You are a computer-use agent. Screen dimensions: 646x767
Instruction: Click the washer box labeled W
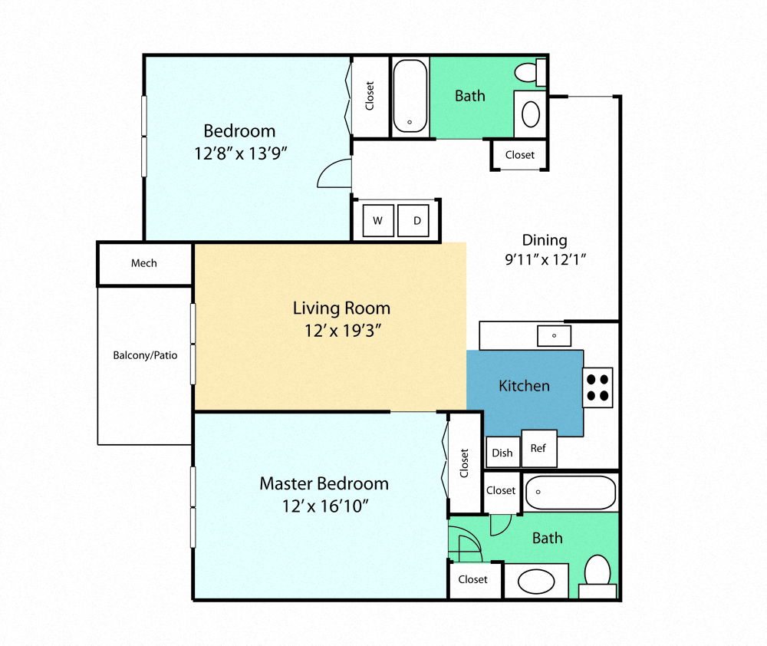coord(377,221)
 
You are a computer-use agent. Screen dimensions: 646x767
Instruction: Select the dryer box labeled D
coord(417,221)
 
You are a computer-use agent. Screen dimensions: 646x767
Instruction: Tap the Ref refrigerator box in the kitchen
coord(538,449)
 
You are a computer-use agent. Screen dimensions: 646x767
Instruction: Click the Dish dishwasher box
coord(502,453)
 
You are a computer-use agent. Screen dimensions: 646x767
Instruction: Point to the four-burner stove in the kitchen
coord(597,387)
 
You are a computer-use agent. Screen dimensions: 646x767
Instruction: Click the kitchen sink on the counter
coord(554,335)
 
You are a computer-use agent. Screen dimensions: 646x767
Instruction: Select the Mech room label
coord(143,263)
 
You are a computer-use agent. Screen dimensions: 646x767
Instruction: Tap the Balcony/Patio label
coord(145,355)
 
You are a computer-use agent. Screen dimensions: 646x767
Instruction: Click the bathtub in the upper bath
coord(410,97)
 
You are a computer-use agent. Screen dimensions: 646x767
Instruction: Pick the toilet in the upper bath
coord(527,73)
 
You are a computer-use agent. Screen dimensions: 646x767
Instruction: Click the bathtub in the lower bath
coord(571,493)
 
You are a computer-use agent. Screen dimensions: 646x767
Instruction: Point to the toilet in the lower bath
coord(597,572)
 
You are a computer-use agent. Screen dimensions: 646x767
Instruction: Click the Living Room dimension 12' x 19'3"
coord(342,331)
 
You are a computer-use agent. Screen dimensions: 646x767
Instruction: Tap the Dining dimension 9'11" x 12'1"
coord(545,259)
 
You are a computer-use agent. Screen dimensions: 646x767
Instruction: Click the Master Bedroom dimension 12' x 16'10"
coord(324,506)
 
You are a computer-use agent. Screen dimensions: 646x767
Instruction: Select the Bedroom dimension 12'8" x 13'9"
coord(239,153)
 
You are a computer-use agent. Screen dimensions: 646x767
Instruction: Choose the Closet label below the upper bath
coord(519,155)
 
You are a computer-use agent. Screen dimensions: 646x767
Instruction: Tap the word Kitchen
coord(524,385)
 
